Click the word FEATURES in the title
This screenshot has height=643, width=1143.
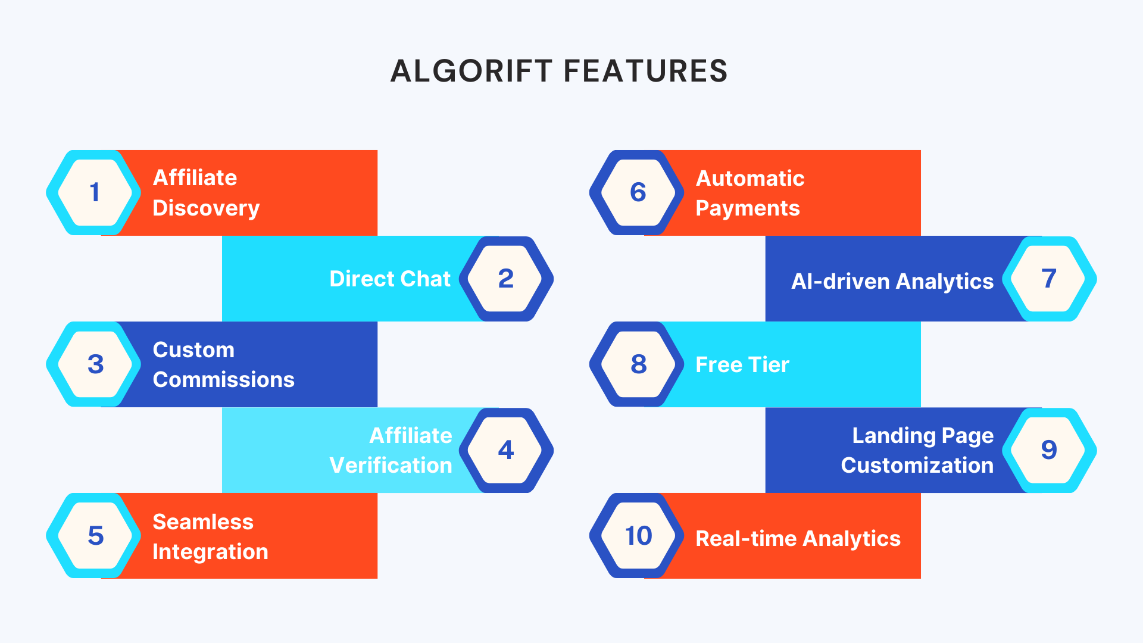click(645, 71)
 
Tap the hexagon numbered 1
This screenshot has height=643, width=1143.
click(93, 192)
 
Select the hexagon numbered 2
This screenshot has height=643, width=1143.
click(506, 279)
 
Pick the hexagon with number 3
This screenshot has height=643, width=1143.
click(93, 364)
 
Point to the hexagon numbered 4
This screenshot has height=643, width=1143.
click(506, 450)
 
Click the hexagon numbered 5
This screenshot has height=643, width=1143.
click(93, 536)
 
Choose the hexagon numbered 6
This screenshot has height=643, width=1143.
click(637, 192)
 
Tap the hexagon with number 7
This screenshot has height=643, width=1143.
click(1050, 279)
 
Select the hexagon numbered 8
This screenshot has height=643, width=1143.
click(637, 364)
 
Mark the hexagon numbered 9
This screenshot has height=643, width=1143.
click(1050, 450)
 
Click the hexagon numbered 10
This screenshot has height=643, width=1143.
click(637, 536)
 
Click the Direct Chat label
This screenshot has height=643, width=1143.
click(390, 279)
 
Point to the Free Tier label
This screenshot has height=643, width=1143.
click(742, 364)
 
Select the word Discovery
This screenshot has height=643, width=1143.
click(206, 208)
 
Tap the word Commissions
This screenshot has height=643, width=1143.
click(224, 380)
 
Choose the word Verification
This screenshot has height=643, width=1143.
click(391, 466)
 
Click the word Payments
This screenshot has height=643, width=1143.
click(748, 209)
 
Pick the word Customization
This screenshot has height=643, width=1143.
click(917, 466)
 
